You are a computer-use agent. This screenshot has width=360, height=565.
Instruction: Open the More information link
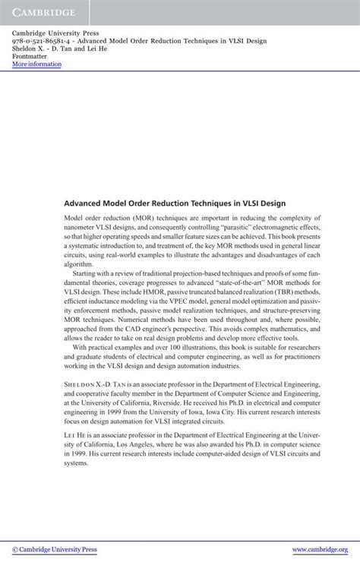point(36,65)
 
